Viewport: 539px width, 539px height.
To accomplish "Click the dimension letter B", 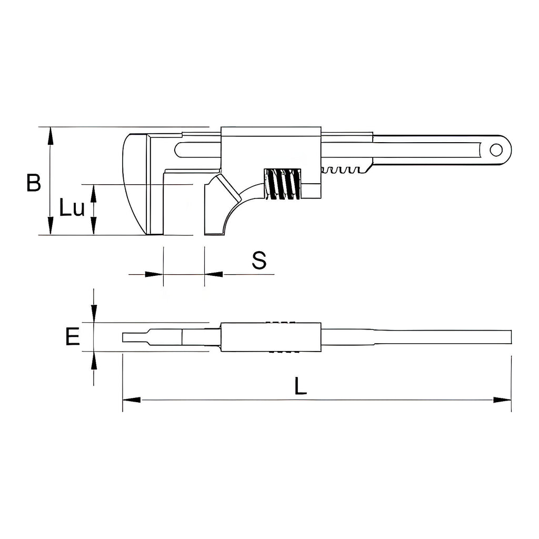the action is coord(34,183).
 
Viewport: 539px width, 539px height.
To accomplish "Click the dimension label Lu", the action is coord(72,207).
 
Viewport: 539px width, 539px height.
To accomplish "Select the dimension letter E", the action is coord(73,336).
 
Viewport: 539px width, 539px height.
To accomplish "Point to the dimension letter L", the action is coord(301,386).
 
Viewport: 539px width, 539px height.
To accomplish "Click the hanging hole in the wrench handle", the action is coord(496,150).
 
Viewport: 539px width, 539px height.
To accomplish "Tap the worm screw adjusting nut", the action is coord(283,184).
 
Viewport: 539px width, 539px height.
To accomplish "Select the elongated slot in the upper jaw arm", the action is coord(197,150).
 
